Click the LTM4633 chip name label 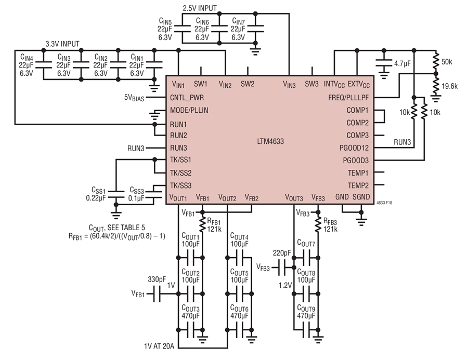(x=270, y=141)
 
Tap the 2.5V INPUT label (x=200, y=8)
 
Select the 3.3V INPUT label (x=62, y=44)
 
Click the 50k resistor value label (x=447, y=62)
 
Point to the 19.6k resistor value (x=449, y=86)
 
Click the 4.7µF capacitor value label (x=402, y=63)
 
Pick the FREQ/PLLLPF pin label (x=348, y=98)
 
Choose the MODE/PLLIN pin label (x=189, y=110)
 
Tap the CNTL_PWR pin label (x=187, y=98)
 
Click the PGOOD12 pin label (x=354, y=148)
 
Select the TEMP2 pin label (x=358, y=185)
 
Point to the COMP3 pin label (x=358, y=135)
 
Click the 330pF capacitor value (x=157, y=279)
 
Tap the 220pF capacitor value (x=282, y=253)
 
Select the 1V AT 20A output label (x=159, y=346)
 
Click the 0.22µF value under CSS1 (x=96, y=198)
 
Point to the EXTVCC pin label (x=359, y=85)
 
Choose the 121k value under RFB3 (x=330, y=229)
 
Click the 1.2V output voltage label (x=285, y=285)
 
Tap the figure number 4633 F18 (x=384, y=203)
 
